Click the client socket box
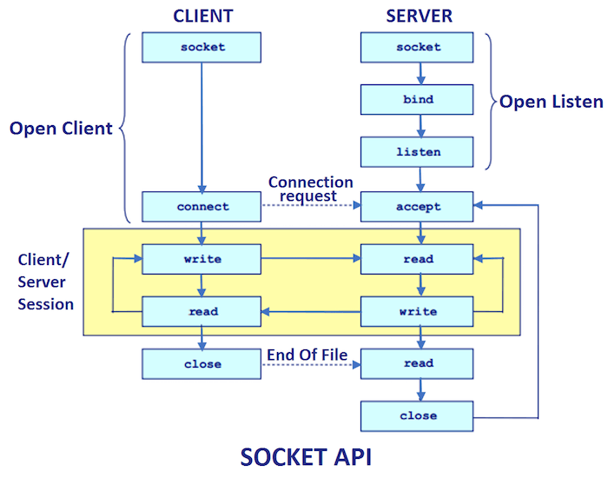pyautogui.click(x=202, y=47)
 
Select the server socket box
pyautogui.click(x=419, y=47)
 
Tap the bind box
pyautogui.click(x=419, y=100)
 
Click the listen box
pyautogui.click(x=419, y=152)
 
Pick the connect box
pyautogui.click(x=202, y=207)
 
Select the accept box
pyautogui.click(x=419, y=207)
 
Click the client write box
pyautogui.click(x=202, y=259)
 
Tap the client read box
pyautogui.click(x=202, y=311)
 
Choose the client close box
pyautogui.click(x=202, y=364)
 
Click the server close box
pyautogui.click(x=419, y=416)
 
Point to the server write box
pyautogui.click(x=419, y=311)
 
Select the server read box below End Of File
pyautogui.click(x=419, y=364)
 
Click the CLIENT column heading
pyautogui.click(x=202, y=15)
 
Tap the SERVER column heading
pyautogui.click(x=419, y=15)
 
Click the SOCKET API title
pyautogui.click(x=305, y=457)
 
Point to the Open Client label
pyautogui.click(x=61, y=129)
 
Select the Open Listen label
pyautogui.click(x=551, y=102)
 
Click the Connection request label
pyautogui.click(x=310, y=189)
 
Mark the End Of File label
pyautogui.click(x=307, y=354)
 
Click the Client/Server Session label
pyautogui.click(x=46, y=282)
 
